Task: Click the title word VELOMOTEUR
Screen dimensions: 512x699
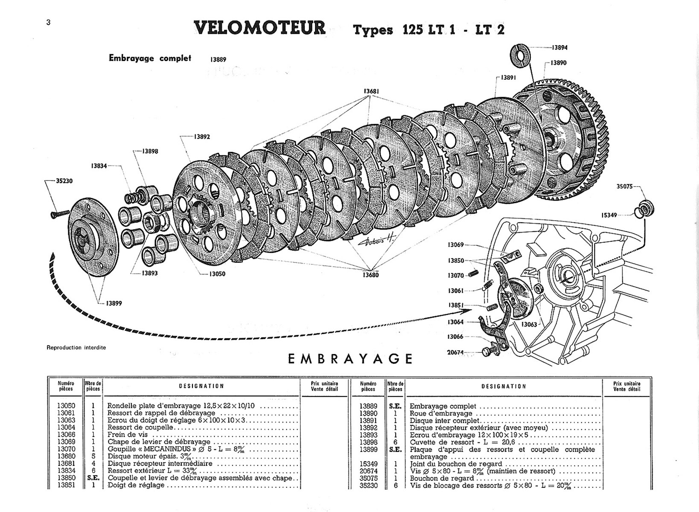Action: (259, 28)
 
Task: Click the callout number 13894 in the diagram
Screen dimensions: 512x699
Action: (559, 48)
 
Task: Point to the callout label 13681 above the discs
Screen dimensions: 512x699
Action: (371, 91)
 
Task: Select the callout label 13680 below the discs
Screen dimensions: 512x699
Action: (370, 275)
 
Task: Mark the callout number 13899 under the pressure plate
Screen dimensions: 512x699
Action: (114, 303)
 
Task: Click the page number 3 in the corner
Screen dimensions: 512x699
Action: (48, 23)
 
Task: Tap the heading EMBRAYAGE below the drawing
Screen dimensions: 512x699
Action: (350, 359)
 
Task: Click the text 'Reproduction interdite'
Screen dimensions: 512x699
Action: (76, 347)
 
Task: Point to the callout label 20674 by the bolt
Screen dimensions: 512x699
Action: (455, 352)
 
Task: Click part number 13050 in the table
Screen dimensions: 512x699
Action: (66, 406)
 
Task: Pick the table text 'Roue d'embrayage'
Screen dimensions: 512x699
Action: (441, 413)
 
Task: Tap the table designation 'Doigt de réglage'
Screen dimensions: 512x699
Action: (136, 485)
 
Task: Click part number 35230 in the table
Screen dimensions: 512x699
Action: (368, 485)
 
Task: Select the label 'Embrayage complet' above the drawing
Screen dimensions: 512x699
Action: (150, 58)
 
